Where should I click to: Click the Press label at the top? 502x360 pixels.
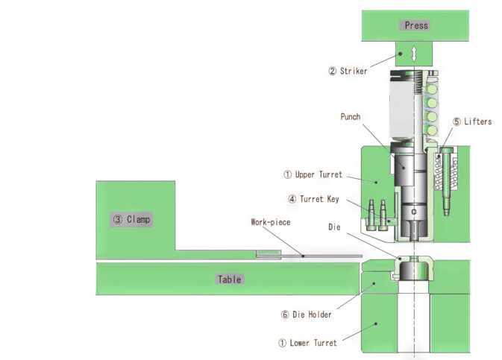coord(416,25)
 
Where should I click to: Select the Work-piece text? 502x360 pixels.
coord(269,222)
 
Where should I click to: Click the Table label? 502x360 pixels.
coord(229,280)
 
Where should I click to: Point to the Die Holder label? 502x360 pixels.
coord(311,315)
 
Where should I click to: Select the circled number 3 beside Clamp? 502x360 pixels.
coord(117,220)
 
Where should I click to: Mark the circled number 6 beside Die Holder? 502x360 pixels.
coord(284,315)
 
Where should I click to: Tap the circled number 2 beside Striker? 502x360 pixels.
coord(332,72)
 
